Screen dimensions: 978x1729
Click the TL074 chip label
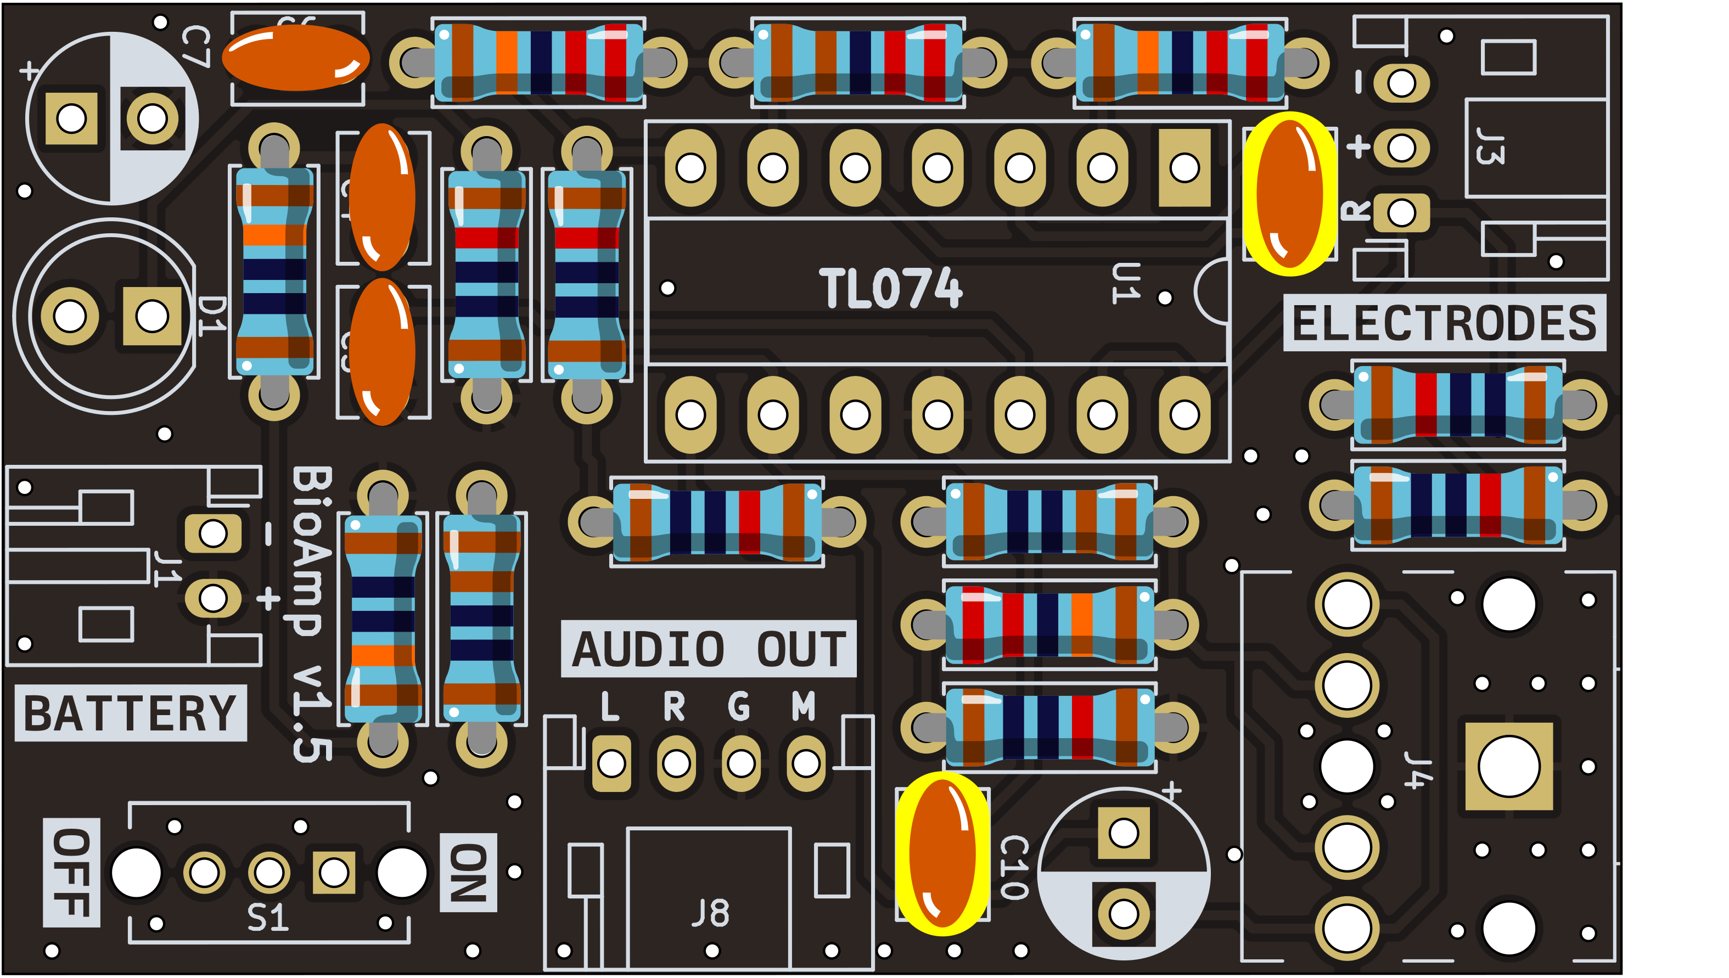(x=890, y=288)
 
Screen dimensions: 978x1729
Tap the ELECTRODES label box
(x=1444, y=323)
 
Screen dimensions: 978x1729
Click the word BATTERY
(x=130, y=713)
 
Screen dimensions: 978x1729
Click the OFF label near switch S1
(x=72, y=873)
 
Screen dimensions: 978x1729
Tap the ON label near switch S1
(x=468, y=873)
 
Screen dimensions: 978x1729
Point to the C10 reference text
(x=1014, y=867)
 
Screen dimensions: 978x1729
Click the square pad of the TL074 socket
(x=1185, y=168)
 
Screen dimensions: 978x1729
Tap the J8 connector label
(x=710, y=914)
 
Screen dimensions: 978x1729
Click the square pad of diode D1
(x=152, y=316)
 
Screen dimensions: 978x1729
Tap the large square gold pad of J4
(x=1509, y=766)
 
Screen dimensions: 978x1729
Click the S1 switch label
(x=268, y=918)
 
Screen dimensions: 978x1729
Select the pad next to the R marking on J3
(x=1401, y=213)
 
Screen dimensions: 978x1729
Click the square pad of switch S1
(x=334, y=873)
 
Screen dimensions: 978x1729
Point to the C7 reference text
(x=195, y=47)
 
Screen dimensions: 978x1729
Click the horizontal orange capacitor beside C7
(x=295, y=58)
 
